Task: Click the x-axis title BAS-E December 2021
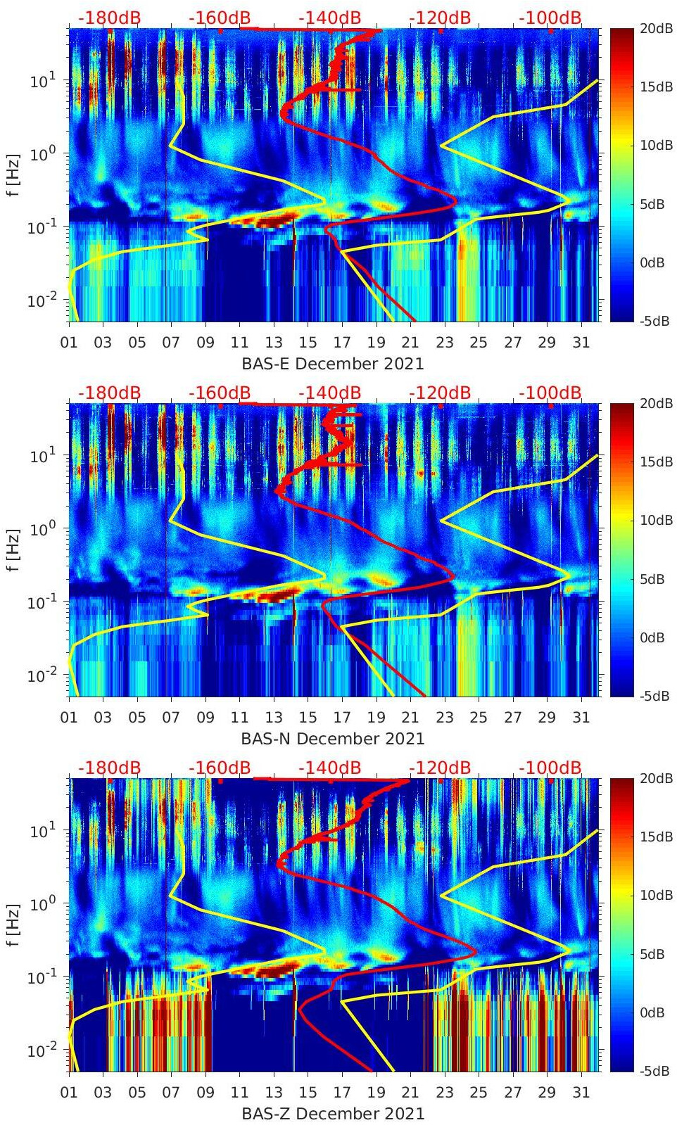coord(333,364)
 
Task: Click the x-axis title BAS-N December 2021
coord(333,739)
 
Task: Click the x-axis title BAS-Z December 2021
coord(333,1114)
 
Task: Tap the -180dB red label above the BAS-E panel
coord(109,18)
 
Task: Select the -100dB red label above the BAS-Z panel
coord(550,768)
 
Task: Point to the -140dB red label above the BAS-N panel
coord(329,393)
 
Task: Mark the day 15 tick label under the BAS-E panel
coord(308,343)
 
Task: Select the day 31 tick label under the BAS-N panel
coord(581,718)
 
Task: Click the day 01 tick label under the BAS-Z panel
coord(69,1093)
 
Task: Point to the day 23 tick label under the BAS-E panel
coord(444,343)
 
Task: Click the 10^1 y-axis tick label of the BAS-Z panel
coord(44,831)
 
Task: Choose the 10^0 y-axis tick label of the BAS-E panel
coord(44,154)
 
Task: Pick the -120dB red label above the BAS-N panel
coord(440,393)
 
